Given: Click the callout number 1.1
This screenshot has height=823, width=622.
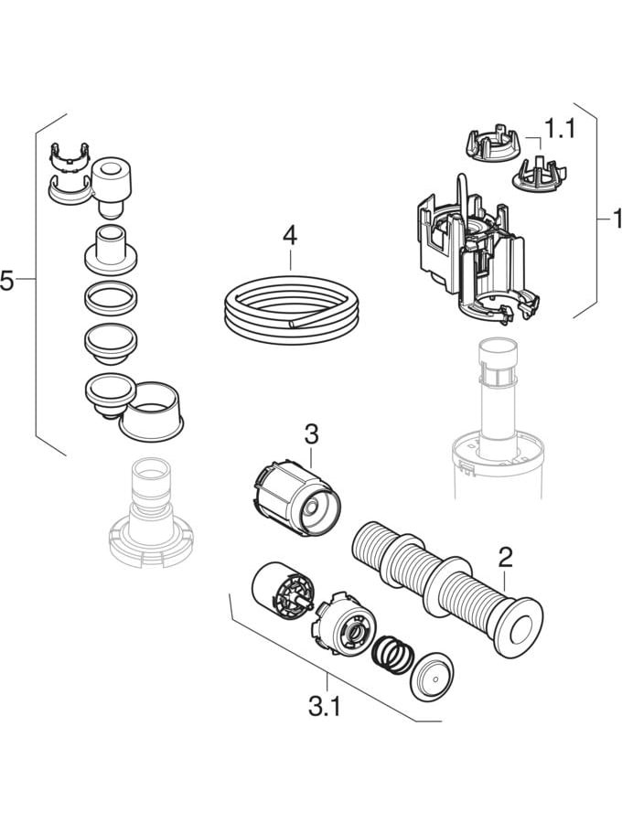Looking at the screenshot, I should [x=559, y=129].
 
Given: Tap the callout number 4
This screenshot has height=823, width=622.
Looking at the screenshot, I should [x=290, y=236].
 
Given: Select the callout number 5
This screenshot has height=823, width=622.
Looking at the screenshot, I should [x=8, y=281].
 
